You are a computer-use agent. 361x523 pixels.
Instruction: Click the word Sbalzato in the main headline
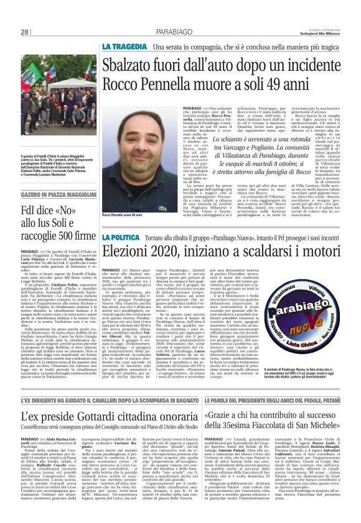pos(141,65)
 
